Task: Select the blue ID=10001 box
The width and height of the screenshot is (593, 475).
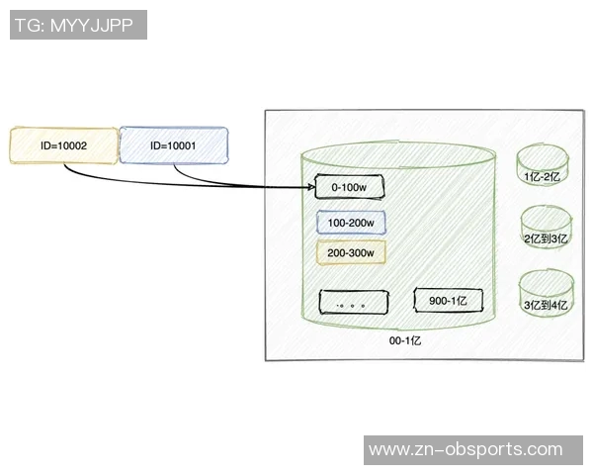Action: [x=173, y=144]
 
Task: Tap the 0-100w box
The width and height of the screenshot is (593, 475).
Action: [x=349, y=187]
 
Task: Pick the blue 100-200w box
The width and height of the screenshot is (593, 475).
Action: [x=351, y=223]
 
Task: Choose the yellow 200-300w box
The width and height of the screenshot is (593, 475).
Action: [x=351, y=252]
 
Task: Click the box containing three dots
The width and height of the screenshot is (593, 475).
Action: [x=351, y=302]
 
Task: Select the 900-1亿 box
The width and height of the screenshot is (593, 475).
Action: [x=448, y=300]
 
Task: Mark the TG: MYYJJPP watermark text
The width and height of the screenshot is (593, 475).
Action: [x=77, y=25]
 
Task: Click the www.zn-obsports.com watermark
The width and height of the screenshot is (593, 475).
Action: [x=465, y=450]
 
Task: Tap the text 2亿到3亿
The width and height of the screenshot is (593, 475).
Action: [x=545, y=238]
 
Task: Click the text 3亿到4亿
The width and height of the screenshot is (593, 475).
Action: [x=547, y=305]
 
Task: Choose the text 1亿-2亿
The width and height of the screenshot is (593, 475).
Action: [x=542, y=175]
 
